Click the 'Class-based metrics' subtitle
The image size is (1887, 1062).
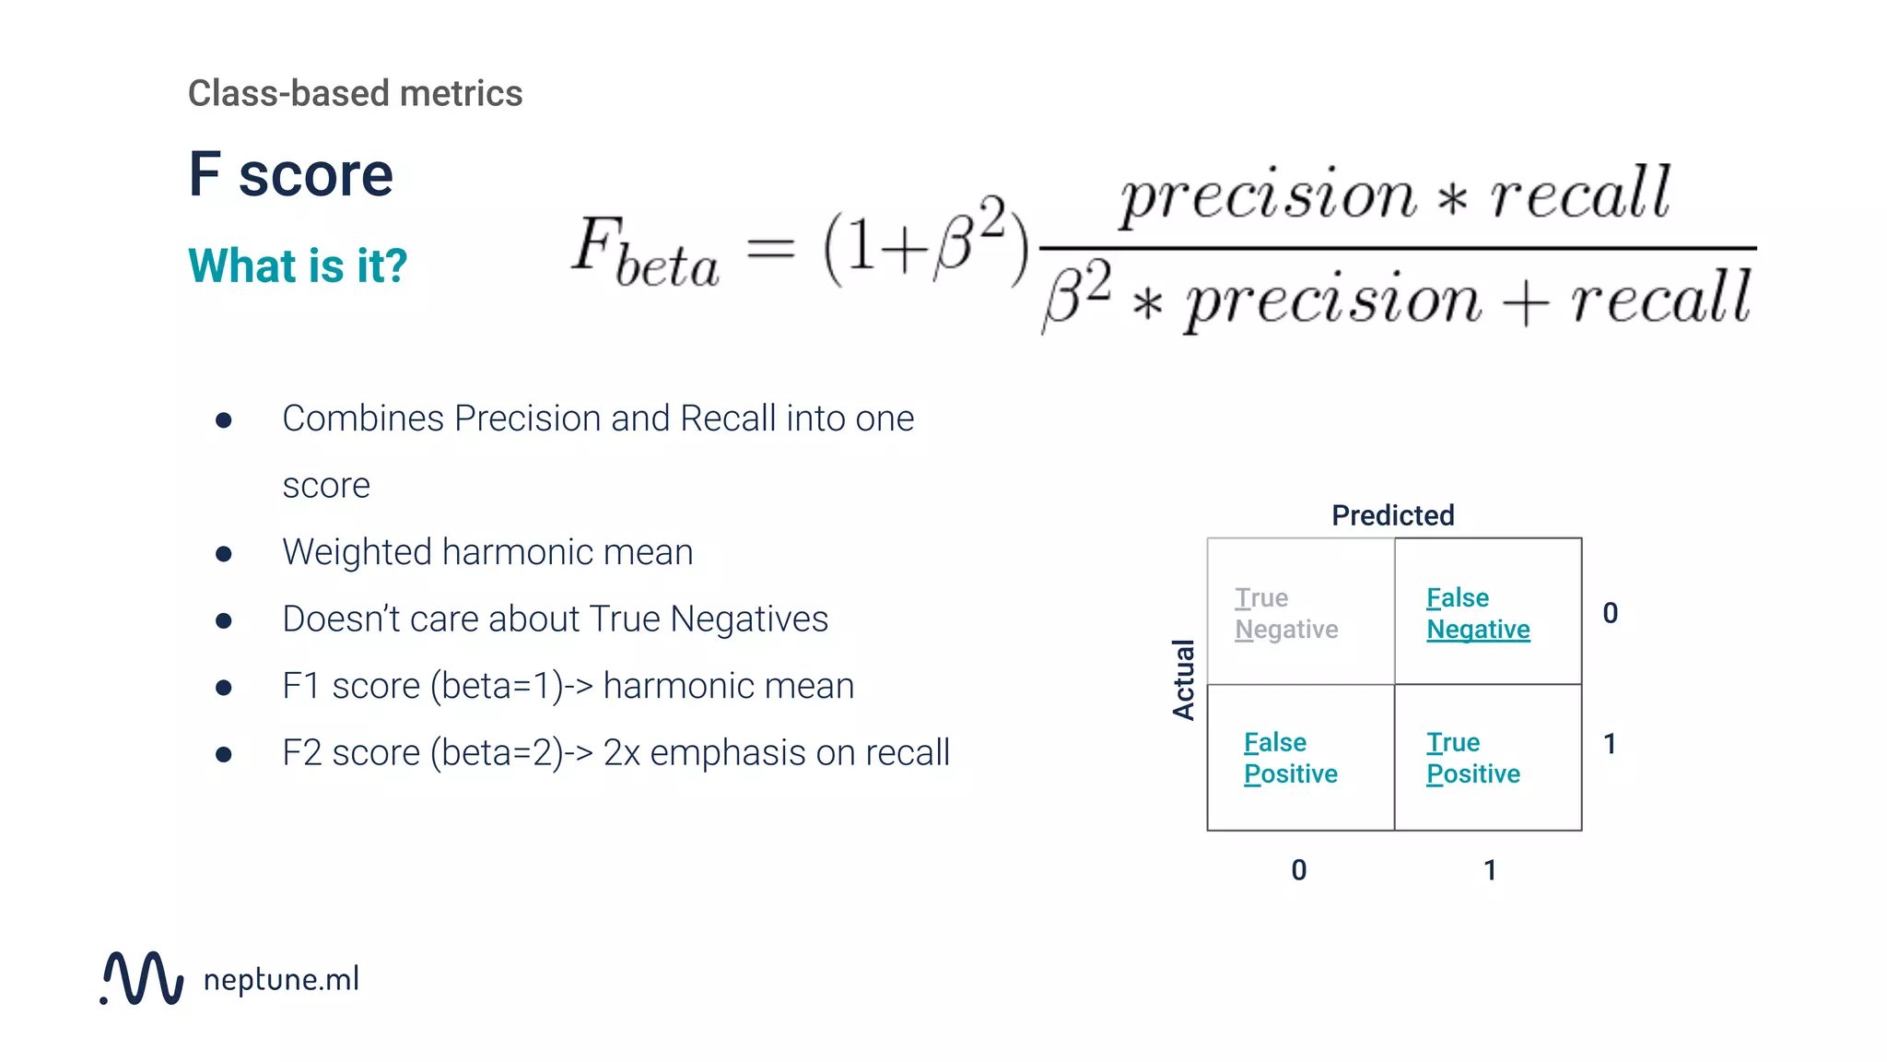[x=355, y=93]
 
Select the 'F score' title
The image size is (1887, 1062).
[x=290, y=174]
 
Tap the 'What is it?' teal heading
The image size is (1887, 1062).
[x=297, y=265]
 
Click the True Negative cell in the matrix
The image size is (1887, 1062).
[x=1300, y=612]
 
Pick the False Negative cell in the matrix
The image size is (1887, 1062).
[x=1487, y=612]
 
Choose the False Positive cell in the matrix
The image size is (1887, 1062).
[x=1300, y=758]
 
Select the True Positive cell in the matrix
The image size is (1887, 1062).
[x=1487, y=758]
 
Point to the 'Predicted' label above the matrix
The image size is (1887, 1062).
[x=1392, y=515]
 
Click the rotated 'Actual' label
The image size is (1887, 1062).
[x=1183, y=679]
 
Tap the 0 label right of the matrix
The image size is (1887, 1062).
[x=1610, y=613]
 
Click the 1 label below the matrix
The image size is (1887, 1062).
[x=1490, y=870]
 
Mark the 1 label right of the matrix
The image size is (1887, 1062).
[x=1610, y=744]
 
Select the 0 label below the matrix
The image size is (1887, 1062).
[x=1298, y=870]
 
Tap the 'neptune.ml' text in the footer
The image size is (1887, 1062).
[x=281, y=979]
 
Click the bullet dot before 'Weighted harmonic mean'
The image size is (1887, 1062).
[x=223, y=554]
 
